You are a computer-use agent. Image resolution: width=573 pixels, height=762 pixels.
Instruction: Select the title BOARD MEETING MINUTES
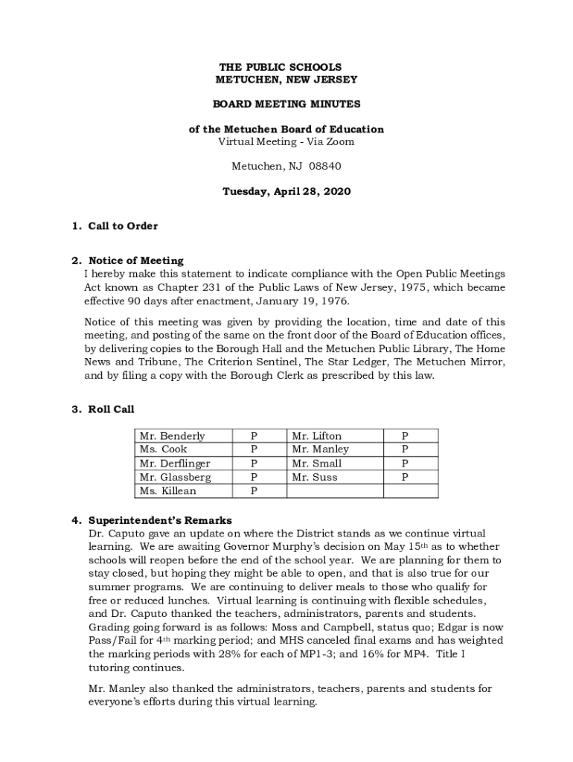tap(286, 104)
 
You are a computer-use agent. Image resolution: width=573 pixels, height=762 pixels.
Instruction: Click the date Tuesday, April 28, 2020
tap(286, 191)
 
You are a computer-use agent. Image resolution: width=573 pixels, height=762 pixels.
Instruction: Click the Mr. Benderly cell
tap(172, 436)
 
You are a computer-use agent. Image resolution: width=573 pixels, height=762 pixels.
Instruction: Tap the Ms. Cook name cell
tap(164, 449)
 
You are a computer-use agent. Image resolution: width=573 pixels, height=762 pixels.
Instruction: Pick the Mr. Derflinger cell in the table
tap(176, 464)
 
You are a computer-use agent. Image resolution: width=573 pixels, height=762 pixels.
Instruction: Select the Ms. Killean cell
tap(168, 491)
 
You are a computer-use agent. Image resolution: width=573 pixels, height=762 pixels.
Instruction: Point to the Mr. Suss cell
tap(315, 477)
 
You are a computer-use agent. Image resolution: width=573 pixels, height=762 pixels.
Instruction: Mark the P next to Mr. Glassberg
tap(254, 477)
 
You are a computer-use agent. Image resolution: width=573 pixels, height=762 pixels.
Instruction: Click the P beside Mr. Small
tap(405, 464)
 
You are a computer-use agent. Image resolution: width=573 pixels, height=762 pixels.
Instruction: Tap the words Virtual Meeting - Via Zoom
tap(286, 141)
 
